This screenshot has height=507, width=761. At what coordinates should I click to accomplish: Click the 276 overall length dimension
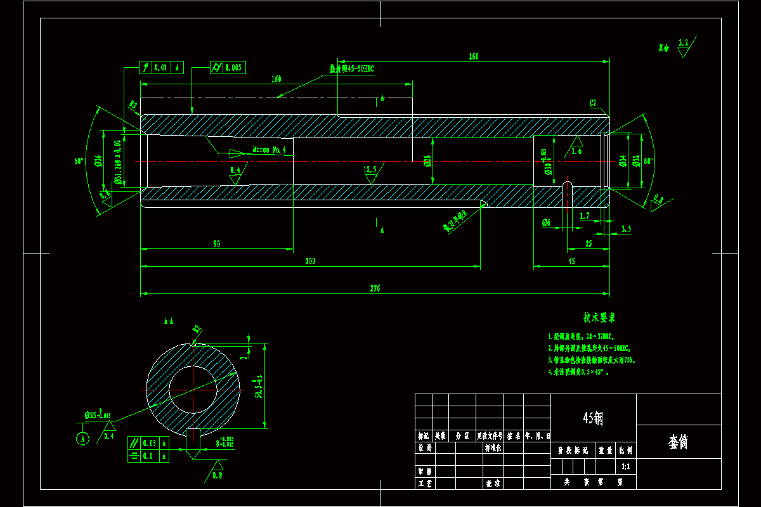(374, 288)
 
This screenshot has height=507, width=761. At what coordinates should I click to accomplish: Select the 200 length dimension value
(310, 261)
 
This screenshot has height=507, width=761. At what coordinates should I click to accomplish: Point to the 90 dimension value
(216, 243)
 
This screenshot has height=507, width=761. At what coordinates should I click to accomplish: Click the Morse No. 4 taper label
(270, 150)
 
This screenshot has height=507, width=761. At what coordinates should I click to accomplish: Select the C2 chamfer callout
(593, 103)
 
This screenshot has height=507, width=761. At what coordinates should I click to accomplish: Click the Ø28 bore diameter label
(427, 161)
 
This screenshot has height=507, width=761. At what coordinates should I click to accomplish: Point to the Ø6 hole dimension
(547, 222)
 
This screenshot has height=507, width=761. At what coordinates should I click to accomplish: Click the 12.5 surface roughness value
(370, 170)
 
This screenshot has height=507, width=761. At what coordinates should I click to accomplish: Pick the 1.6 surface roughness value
(576, 151)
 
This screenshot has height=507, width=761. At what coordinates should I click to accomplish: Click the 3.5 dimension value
(626, 229)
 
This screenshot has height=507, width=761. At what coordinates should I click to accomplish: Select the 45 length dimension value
(571, 261)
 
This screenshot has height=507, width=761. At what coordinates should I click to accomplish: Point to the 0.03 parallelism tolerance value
(150, 442)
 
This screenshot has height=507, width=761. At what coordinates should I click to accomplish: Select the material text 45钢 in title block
(593, 418)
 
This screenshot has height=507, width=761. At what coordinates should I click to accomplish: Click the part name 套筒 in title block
(679, 442)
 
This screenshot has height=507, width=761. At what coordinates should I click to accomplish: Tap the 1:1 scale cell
(625, 466)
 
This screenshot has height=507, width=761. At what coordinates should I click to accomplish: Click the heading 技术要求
(599, 317)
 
